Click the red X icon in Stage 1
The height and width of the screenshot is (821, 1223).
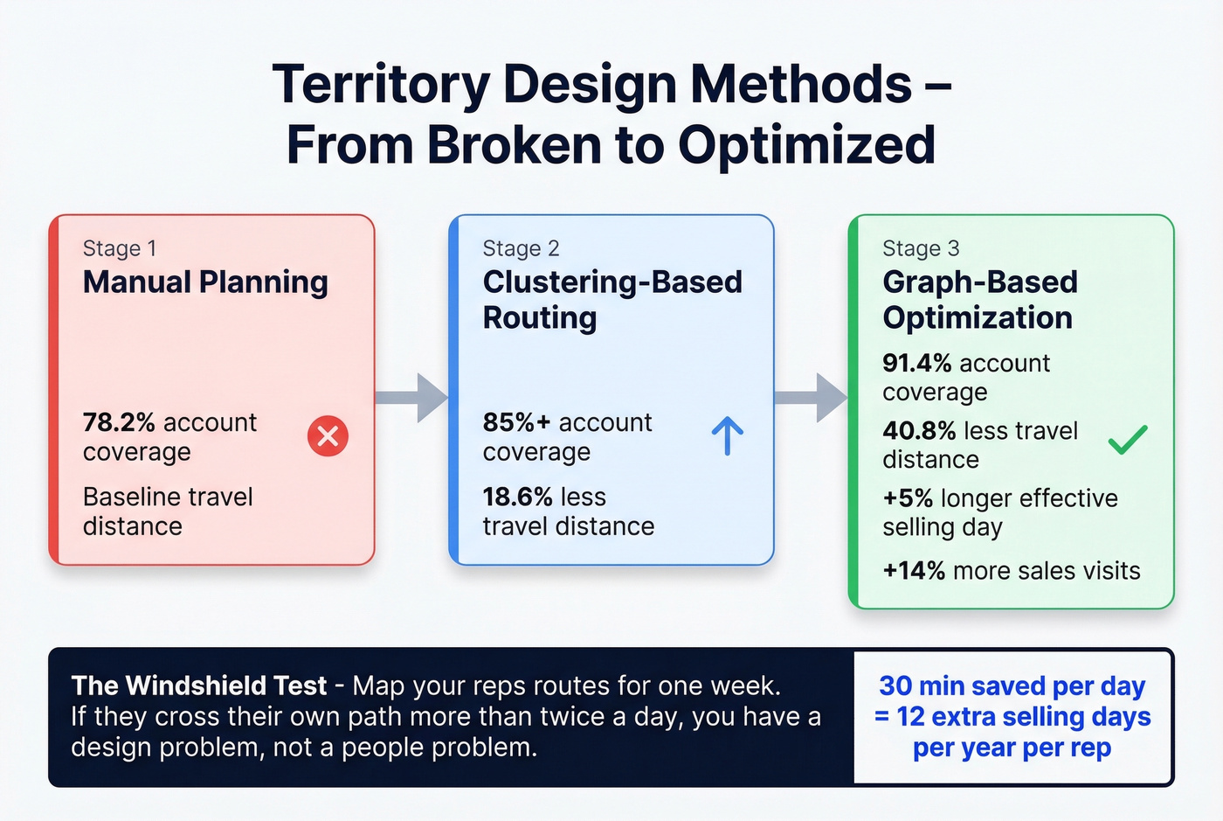click(x=328, y=435)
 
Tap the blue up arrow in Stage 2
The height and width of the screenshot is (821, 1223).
click(x=727, y=435)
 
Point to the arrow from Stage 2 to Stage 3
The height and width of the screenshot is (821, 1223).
click(x=812, y=398)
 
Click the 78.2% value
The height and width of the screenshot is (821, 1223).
click(x=119, y=422)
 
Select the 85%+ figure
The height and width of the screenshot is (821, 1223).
click(x=516, y=422)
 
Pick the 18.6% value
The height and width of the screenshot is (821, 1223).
click(x=517, y=497)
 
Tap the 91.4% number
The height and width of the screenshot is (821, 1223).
click(x=916, y=363)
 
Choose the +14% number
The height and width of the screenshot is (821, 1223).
click(x=914, y=571)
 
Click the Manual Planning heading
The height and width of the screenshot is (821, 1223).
click(x=205, y=282)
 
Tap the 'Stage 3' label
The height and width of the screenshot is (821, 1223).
click(x=921, y=248)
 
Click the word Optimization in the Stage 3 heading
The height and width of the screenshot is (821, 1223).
click(x=978, y=317)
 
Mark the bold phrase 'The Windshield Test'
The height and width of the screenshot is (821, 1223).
click(x=199, y=685)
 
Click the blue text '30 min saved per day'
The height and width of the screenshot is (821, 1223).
click(x=1012, y=685)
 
